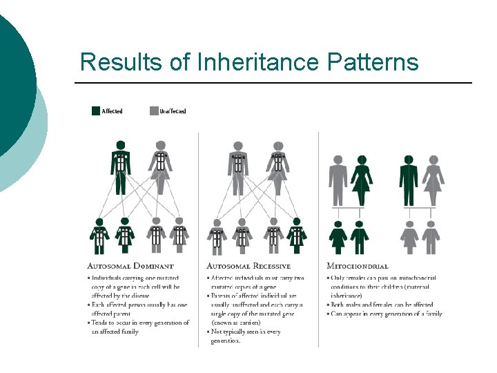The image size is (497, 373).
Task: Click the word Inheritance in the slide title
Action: click(259, 62)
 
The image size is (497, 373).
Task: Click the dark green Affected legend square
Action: click(96, 111)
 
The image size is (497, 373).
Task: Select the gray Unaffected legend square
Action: click(154, 111)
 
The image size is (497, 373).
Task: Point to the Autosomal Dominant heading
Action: click(130, 266)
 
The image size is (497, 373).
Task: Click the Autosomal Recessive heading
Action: click(248, 266)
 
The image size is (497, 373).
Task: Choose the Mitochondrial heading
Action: click(358, 266)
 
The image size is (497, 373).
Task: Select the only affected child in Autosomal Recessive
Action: click(297, 236)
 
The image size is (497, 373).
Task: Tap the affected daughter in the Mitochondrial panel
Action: click(338, 237)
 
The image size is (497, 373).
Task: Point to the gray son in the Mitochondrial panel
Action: click(431, 237)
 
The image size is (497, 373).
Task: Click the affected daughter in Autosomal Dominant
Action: click(125, 236)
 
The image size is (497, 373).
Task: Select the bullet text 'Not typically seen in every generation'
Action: click(244, 336)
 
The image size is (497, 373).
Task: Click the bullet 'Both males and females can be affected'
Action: click(382, 305)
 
